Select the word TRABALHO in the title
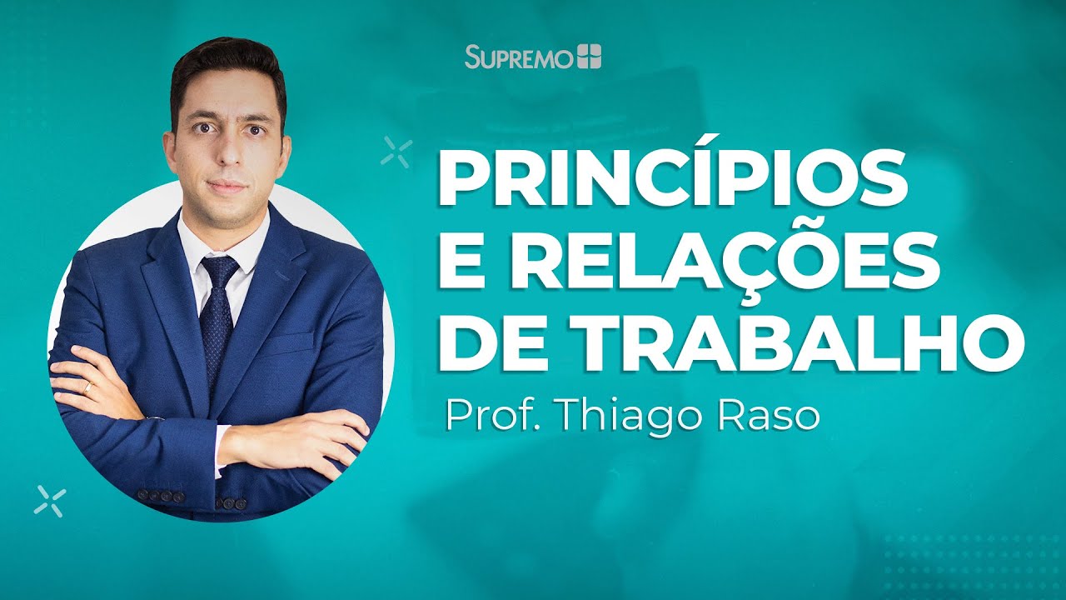(x=796, y=342)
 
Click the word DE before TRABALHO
(x=488, y=342)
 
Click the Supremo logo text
(x=520, y=57)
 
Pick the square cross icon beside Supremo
(x=589, y=57)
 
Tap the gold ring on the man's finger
(x=87, y=387)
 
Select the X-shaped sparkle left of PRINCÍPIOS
(x=396, y=152)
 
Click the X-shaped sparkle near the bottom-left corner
(x=50, y=500)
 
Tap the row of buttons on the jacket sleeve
(x=160, y=496)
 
